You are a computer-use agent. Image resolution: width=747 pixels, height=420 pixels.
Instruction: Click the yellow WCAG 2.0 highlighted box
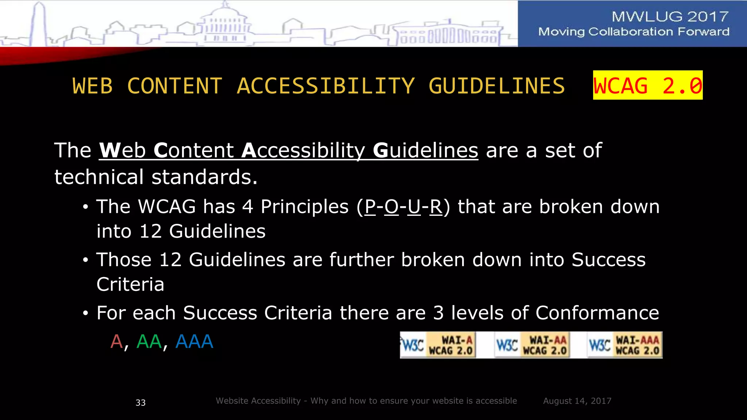(647, 85)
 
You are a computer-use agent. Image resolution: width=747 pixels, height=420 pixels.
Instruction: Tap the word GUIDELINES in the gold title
(496, 86)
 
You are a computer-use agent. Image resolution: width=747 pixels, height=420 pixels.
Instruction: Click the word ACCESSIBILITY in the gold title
(326, 86)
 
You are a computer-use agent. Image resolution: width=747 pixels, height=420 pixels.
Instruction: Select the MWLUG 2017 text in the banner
(670, 16)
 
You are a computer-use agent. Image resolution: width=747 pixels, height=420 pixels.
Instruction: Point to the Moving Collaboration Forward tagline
(634, 32)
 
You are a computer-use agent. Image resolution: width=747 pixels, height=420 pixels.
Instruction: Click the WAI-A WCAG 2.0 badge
(438, 345)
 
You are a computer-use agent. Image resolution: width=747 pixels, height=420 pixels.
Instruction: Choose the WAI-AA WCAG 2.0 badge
(532, 345)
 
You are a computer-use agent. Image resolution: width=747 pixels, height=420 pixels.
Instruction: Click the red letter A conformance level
(116, 342)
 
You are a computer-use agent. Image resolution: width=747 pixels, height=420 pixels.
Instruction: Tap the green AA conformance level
(149, 342)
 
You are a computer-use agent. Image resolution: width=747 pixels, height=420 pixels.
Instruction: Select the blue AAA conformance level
(194, 342)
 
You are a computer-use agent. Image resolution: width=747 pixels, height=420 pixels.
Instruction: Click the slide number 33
(140, 402)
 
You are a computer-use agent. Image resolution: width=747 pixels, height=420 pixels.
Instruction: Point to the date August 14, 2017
(577, 401)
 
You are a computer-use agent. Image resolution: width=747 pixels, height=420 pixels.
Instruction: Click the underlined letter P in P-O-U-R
(370, 207)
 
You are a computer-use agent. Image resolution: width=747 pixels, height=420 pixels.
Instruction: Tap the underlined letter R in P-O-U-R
(436, 207)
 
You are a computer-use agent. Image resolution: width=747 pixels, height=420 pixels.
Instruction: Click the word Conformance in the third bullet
(597, 313)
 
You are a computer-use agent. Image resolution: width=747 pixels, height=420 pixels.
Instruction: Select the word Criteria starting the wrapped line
(130, 284)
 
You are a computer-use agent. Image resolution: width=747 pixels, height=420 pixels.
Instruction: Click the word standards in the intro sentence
(204, 177)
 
